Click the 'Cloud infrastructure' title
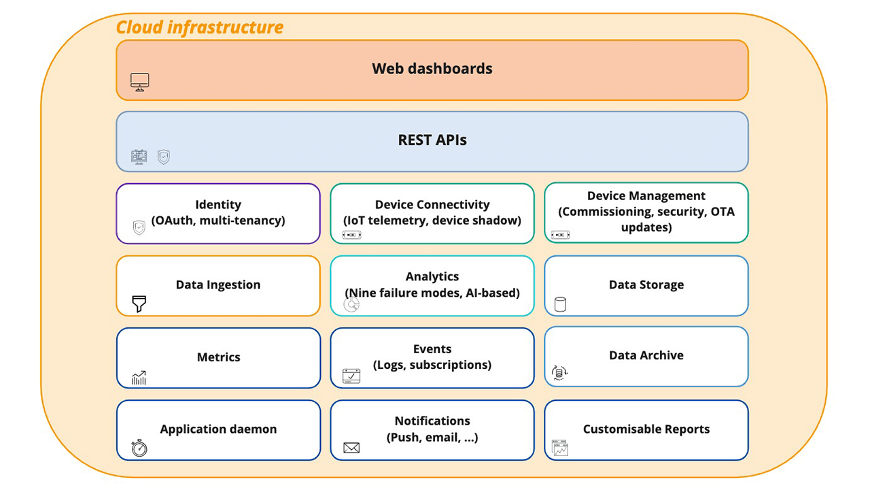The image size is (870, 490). click(x=199, y=27)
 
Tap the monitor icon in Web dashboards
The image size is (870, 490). click(x=139, y=82)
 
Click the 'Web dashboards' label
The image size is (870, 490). click(x=432, y=69)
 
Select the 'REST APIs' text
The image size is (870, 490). click(x=432, y=140)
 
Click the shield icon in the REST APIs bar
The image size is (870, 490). click(x=164, y=157)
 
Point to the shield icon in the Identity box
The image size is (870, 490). click(x=139, y=228)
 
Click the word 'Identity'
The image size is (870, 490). click(x=217, y=204)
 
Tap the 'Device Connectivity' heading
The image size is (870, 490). click(x=432, y=204)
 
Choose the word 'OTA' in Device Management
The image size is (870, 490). click(x=722, y=212)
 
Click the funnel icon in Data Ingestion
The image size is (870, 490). click(x=139, y=304)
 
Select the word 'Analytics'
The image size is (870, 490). click(x=432, y=276)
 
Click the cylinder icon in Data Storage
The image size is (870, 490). click(x=560, y=304)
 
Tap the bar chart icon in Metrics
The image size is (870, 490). click(x=139, y=378)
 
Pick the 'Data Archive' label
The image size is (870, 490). click(x=646, y=355)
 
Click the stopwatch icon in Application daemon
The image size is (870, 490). click(x=139, y=448)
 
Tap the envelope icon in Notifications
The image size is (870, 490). click(x=351, y=448)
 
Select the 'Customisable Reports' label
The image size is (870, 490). click(x=646, y=429)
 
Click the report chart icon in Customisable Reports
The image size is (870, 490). click(x=560, y=448)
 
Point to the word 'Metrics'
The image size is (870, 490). click(x=218, y=357)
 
